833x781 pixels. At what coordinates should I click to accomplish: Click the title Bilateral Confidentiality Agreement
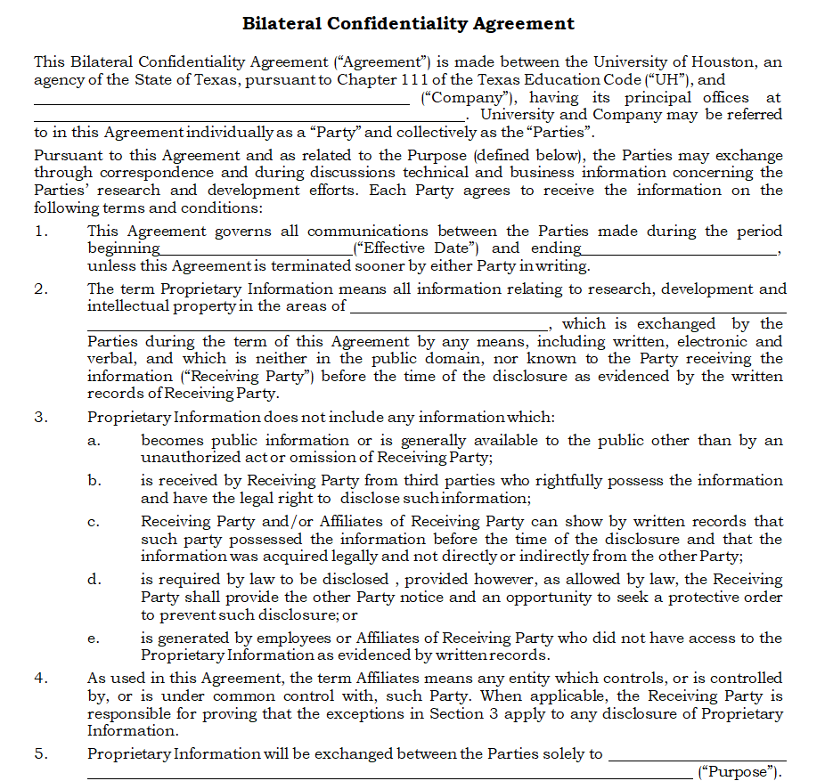[x=408, y=24]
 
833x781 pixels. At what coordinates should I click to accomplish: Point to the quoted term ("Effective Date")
[x=417, y=248]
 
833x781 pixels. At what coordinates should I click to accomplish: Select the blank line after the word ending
[x=680, y=253]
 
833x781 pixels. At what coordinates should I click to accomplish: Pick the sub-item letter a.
[x=94, y=440]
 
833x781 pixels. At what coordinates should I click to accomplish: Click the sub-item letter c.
[x=94, y=522]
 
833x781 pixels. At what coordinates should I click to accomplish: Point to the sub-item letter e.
[x=94, y=638]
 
